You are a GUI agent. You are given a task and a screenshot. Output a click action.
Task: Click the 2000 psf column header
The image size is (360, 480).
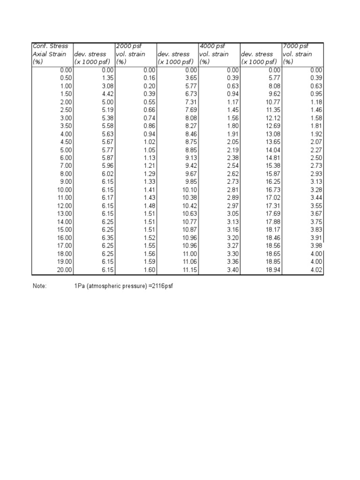[129, 46]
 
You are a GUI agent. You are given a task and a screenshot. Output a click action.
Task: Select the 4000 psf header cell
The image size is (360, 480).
[212, 46]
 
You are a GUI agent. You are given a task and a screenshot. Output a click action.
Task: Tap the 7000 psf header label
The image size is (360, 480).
[295, 46]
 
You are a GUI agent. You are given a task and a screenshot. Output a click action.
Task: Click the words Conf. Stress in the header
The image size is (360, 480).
[50, 46]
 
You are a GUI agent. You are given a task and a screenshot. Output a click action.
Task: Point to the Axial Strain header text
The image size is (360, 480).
[50, 54]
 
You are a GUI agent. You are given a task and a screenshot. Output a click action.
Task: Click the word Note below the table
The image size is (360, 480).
[39, 285]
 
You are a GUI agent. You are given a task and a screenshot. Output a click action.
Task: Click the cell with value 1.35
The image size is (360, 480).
[108, 78]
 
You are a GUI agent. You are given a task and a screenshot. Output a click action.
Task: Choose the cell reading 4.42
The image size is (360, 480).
[108, 94]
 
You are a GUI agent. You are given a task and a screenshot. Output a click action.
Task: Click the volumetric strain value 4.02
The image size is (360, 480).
[316, 270]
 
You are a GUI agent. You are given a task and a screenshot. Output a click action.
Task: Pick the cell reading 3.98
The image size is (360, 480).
[316, 246]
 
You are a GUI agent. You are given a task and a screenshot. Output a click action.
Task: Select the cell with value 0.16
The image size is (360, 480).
[150, 78]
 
